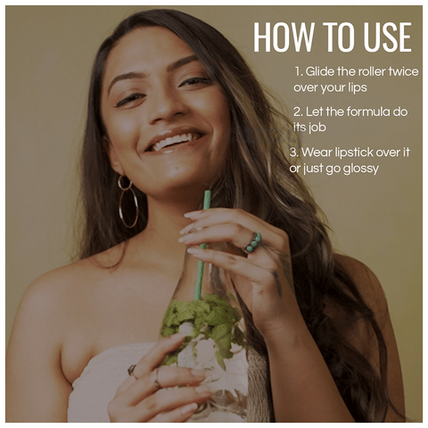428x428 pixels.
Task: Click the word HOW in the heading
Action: [x=284, y=37]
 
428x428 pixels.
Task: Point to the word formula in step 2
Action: [x=368, y=112]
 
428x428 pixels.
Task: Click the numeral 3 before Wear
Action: [x=293, y=152]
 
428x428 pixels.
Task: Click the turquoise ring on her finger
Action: [x=253, y=242]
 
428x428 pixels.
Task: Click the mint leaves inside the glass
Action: [x=205, y=321]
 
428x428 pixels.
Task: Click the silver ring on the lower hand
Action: [x=132, y=372]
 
